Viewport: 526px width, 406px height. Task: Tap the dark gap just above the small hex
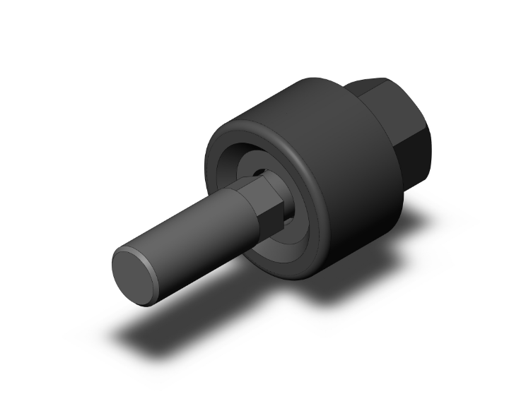pyautogui.click(x=262, y=172)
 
